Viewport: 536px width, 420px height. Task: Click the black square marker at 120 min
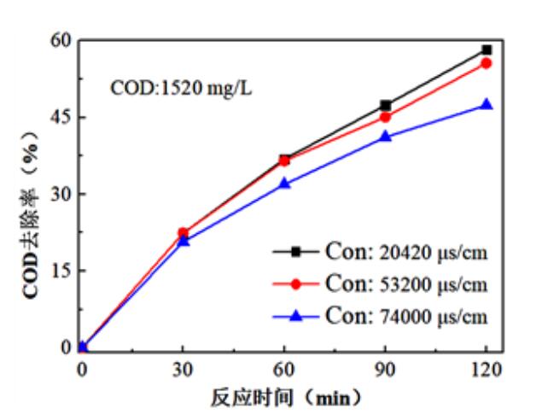pos(486,50)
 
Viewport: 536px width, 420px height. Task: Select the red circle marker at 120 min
pos(486,63)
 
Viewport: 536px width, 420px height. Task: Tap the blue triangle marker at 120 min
pos(486,104)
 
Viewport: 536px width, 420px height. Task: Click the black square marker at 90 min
pos(386,105)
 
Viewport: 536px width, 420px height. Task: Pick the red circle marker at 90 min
pos(386,117)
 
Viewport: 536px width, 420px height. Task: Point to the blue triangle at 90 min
pos(386,136)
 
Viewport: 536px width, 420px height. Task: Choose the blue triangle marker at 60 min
pos(284,183)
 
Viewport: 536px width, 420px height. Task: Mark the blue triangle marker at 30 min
pos(184,241)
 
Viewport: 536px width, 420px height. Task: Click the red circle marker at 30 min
pos(184,232)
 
